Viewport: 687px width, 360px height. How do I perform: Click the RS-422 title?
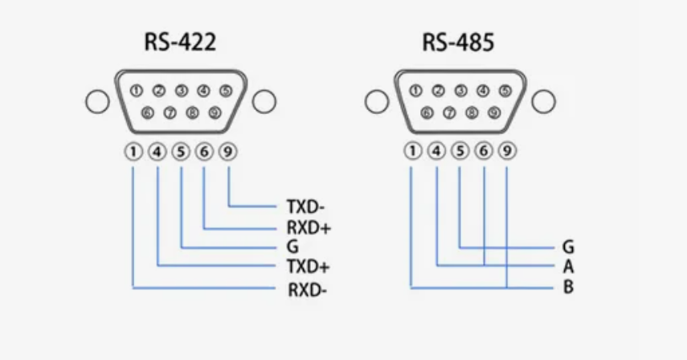(x=180, y=42)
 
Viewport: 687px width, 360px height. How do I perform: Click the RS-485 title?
(x=458, y=42)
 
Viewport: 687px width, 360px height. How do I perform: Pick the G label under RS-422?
(x=292, y=247)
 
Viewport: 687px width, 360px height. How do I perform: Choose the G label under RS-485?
(x=569, y=247)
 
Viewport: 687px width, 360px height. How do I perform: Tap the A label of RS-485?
(x=569, y=266)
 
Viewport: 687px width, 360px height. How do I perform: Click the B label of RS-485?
(x=569, y=286)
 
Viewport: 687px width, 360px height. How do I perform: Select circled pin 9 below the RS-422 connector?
(x=229, y=151)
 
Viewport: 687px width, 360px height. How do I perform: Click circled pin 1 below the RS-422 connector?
(x=133, y=151)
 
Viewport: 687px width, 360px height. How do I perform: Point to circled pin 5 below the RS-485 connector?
(x=460, y=149)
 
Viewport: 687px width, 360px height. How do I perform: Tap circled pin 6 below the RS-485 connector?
(x=484, y=149)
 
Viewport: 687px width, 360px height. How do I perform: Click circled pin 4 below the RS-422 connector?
(x=157, y=151)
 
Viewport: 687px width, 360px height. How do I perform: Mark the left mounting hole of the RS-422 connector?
(x=96, y=102)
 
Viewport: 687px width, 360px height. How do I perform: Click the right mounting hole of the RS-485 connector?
(x=543, y=102)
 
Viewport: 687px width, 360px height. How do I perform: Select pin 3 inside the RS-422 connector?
(x=182, y=91)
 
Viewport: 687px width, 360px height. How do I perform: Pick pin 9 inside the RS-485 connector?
(x=494, y=113)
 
